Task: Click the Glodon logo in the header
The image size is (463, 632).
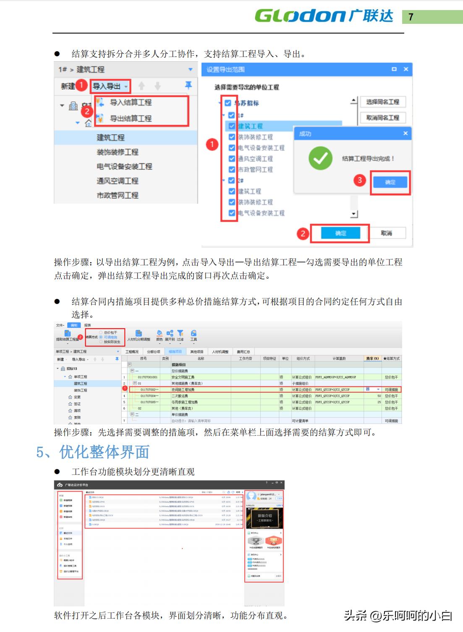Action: coord(324,16)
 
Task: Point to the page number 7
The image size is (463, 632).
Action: coord(411,17)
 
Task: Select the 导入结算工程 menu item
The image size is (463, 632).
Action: coord(131,102)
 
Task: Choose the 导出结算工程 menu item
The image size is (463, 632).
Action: coord(131,119)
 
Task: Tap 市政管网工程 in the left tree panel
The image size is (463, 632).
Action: coord(118,195)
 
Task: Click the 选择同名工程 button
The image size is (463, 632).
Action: coord(382,102)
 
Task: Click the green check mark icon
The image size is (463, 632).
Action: coord(320,158)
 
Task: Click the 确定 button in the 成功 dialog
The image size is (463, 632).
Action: coord(390,182)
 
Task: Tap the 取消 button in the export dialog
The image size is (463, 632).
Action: coord(386,233)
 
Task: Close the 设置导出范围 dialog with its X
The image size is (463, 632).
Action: coord(406,69)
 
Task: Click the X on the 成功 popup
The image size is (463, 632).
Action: coord(405,133)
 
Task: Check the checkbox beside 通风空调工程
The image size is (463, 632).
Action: coord(232,159)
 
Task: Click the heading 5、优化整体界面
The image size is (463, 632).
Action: coord(93,452)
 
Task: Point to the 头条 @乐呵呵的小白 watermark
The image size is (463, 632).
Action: coord(398,615)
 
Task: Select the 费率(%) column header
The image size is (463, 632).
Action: coord(372,358)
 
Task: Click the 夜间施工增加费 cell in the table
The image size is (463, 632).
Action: coord(183,389)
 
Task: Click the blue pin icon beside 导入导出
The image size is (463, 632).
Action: coord(188,85)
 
